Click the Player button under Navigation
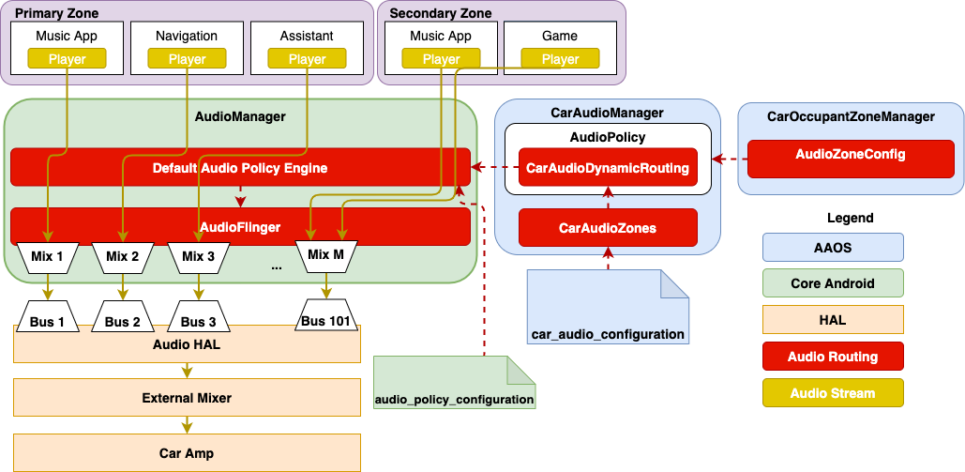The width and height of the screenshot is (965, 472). pos(187,59)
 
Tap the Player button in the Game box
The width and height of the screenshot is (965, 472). pos(560,59)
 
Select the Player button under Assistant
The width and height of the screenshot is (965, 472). pos(307,59)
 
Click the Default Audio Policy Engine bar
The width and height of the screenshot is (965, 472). pos(239,168)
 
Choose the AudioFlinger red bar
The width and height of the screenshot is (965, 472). pos(239,227)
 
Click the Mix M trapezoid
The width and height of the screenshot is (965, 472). pos(324,254)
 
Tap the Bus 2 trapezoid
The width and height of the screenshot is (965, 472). pos(122,321)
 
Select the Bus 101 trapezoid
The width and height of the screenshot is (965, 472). pos(324,320)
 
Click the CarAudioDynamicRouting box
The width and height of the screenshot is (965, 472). pos(608,169)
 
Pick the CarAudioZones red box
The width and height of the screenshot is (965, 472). pos(608,227)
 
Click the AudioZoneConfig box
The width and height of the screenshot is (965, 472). pos(850,154)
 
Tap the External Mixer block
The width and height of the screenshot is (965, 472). pos(187,398)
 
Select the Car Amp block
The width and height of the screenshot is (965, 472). pos(187,452)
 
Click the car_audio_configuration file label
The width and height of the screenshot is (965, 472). pos(608,333)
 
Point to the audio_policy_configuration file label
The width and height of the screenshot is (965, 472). pos(454,399)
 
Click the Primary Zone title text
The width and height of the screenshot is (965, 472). pos(57,13)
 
